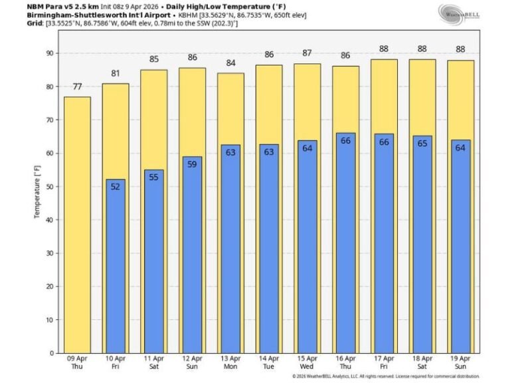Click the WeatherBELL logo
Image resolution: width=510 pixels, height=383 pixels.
[x=458, y=15]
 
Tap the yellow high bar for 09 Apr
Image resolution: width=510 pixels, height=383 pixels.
[x=77, y=226]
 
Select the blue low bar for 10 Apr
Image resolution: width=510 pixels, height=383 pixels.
[x=116, y=266]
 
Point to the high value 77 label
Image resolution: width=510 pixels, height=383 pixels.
[x=77, y=86]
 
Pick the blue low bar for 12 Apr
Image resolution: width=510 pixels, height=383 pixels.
[x=193, y=256]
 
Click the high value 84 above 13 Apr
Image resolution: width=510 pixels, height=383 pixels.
[x=231, y=63]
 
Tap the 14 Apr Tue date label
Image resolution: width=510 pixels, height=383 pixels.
[x=270, y=362]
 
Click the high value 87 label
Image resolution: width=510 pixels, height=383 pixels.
[x=307, y=53]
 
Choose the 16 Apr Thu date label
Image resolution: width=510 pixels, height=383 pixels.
[x=346, y=362]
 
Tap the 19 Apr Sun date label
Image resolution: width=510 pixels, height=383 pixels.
[x=462, y=362]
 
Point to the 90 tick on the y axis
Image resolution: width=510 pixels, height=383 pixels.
[x=48, y=53]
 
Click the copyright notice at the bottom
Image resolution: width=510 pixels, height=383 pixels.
[x=385, y=376]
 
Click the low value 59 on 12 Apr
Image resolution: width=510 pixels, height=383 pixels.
[x=193, y=165]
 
